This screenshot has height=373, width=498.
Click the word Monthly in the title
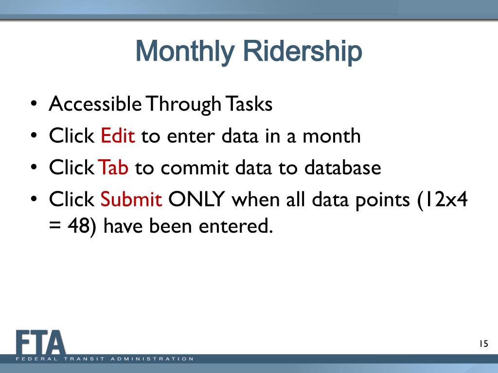(x=185, y=52)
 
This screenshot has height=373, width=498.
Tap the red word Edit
(x=118, y=136)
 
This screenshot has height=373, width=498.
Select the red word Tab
(x=113, y=167)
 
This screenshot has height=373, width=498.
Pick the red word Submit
(x=131, y=199)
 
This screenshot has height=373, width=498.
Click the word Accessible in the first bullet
(x=95, y=104)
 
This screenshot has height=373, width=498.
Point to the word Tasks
(x=249, y=104)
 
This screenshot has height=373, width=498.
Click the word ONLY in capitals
(x=196, y=199)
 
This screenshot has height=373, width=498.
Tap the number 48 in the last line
(x=78, y=226)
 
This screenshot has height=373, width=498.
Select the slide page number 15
(x=484, y=343)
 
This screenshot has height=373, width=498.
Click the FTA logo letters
(x=41, y=342)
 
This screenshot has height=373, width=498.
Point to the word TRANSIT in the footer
(x=84, y=359)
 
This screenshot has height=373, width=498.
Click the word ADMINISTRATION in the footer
(x=152, y=359)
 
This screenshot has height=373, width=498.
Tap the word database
(x=343, y=167)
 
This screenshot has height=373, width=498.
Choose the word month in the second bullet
(x=332, y=136)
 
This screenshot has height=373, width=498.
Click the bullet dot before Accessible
(x=34, y=103)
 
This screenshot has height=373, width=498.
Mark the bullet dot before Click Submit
(x=34, y=199)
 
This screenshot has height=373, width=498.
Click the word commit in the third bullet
(x=195, y=168)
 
